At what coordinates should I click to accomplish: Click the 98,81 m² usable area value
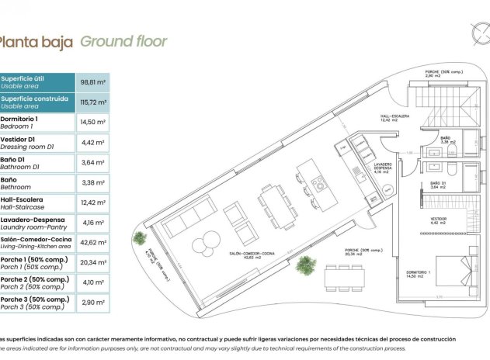tap(92, 81)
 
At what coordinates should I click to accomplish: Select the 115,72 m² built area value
tap(92, 102)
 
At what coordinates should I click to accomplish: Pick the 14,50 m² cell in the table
tap(92, 122)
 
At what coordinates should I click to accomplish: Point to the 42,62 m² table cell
tap(92, 243)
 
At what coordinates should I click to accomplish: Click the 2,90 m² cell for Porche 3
tap(92, 303)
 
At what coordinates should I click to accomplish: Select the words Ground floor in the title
tap(124, 41)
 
